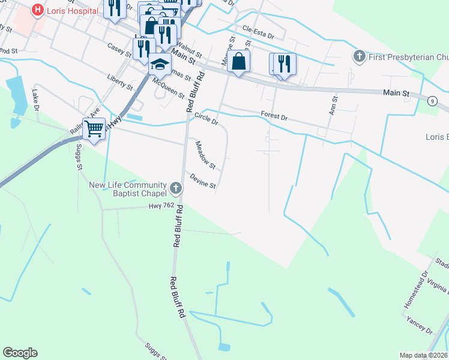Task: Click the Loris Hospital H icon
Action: [37, 10]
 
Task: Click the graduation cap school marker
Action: [160, 64]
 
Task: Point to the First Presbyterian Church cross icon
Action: [360, 56]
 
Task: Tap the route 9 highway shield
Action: [432, 101]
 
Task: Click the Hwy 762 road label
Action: [161, 206]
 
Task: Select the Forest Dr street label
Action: [275, 115]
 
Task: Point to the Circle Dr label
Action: [206, 119]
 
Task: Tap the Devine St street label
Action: [203, 181]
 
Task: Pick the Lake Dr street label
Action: [35, 100]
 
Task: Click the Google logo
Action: [20, 353]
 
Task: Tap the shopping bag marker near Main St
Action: [239, 62]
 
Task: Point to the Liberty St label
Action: [120, 82]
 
